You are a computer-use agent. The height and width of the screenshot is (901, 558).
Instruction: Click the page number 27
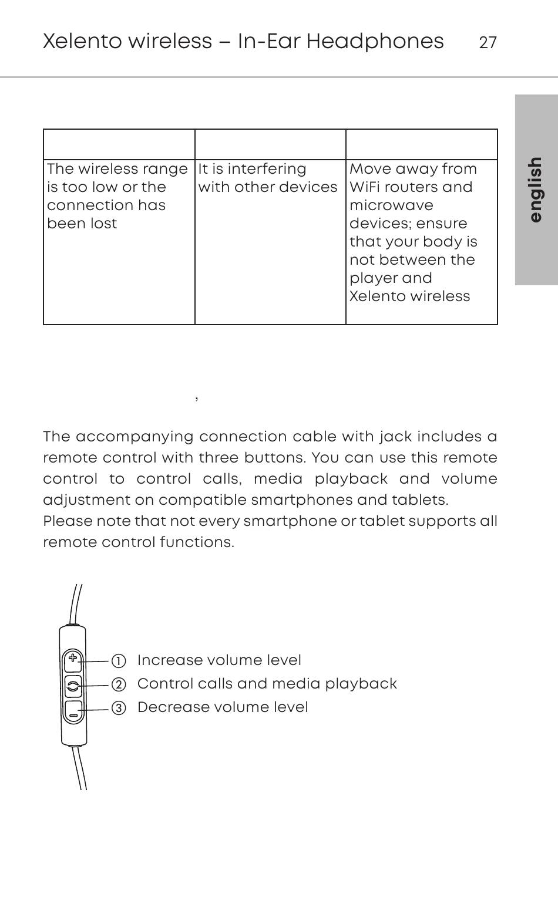(x=488, y=43)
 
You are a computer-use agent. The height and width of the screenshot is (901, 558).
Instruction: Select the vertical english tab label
(x=535, y=189)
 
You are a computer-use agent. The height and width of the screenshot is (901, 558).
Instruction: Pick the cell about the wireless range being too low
(x=117, y=196)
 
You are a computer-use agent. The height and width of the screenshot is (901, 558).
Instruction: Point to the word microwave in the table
(x=391, y=205)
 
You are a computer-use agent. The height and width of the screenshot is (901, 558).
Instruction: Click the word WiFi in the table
(x=365, y=187)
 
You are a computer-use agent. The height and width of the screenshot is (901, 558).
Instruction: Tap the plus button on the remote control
(x=73, y=659)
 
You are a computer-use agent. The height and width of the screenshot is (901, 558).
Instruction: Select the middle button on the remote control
(x=73, y=685)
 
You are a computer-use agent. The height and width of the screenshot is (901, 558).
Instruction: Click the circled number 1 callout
(x=119, y=661)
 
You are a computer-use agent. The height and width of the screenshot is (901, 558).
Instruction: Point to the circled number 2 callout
(x=119, y=684)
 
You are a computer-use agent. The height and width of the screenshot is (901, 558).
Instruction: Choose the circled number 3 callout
(x=119, y=708)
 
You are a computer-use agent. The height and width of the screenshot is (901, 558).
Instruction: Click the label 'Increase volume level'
(x=219, y=660)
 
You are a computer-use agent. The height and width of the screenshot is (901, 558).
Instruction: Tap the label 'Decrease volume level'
(x=223, y=707)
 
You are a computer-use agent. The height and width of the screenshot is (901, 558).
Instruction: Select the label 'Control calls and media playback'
(x=267, y=684)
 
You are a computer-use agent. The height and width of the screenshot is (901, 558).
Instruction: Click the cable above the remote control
(x=76, y=605)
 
